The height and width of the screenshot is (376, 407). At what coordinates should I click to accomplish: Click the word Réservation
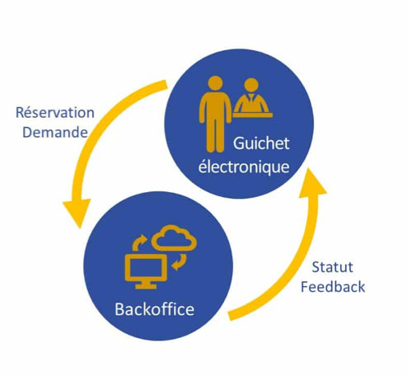55,112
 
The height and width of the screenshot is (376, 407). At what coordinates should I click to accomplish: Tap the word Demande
55,132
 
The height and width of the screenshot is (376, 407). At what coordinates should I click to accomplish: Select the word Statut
332,267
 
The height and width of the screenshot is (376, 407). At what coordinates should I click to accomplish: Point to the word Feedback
333,287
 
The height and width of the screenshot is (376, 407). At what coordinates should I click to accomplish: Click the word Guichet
261,143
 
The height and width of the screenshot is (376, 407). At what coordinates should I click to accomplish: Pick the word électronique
244,167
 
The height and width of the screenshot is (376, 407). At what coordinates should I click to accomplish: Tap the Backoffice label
155,309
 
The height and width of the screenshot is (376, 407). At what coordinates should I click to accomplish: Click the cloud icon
174,238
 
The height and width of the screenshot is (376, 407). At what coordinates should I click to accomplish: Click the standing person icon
215,114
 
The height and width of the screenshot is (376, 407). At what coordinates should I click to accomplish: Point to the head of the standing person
215,83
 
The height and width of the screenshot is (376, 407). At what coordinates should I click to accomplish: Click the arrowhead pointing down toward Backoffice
77,212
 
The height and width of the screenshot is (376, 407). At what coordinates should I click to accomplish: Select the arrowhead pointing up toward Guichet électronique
312,182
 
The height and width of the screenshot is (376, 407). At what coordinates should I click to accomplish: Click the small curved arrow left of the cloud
139,242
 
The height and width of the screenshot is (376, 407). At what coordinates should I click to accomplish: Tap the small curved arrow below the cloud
180,262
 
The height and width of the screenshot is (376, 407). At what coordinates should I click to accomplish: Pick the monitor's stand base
146,286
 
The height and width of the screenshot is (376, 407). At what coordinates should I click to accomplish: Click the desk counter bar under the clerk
253,115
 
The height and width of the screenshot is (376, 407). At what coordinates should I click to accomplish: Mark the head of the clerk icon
251,85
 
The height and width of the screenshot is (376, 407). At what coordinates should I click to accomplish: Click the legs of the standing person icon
215,138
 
